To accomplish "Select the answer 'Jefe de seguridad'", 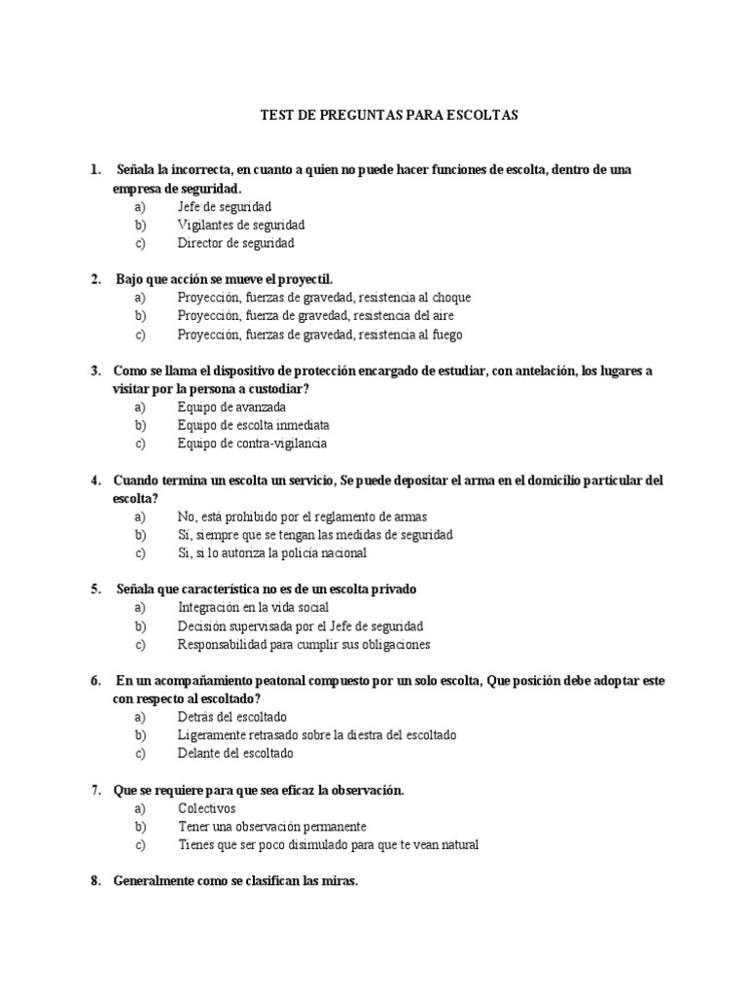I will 225,206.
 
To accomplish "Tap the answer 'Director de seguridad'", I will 235,243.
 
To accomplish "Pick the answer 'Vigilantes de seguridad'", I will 241,225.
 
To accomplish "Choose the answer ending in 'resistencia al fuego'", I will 320,335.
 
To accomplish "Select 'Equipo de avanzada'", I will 232,407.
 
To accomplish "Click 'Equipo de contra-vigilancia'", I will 252,444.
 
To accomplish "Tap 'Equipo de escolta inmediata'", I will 253,425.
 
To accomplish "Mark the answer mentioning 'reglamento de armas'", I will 302,516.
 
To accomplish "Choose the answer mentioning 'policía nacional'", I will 272,553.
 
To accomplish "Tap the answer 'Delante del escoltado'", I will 235,754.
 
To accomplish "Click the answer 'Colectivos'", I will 206,808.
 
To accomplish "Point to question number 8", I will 96,881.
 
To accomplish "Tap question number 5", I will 96,588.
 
